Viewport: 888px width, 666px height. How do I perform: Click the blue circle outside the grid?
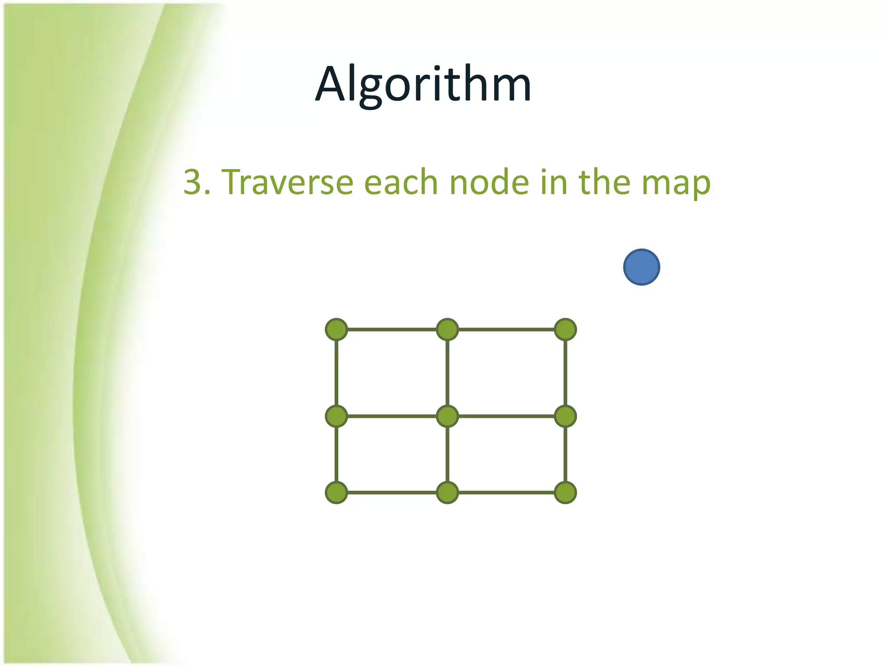click(641, 267)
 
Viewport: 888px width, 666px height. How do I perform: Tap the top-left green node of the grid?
click(336, 330)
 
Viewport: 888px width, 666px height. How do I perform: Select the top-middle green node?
click(447, 330)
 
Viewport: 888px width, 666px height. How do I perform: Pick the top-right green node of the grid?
click(565, 330)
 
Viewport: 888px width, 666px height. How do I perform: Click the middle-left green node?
click(336, 416)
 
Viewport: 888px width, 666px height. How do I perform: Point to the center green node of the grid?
click(447, 416)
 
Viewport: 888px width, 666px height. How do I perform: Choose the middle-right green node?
click(565, 416)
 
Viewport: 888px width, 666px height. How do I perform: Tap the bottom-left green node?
click(336, 493)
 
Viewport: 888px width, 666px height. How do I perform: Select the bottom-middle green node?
click(447, 493)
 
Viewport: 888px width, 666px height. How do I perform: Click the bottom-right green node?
click(565, 493)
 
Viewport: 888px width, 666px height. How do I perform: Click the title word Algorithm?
click(423, 85)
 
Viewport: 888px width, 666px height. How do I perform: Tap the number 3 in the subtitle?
click(192, 182)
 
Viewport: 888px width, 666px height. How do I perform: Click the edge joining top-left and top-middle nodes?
click(392, 330)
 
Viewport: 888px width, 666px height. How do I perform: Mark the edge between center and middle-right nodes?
click(506, 416)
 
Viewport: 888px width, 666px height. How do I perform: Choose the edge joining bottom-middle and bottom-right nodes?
click(506, 493)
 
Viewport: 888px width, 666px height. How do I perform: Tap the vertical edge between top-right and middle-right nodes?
click(565, 373)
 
